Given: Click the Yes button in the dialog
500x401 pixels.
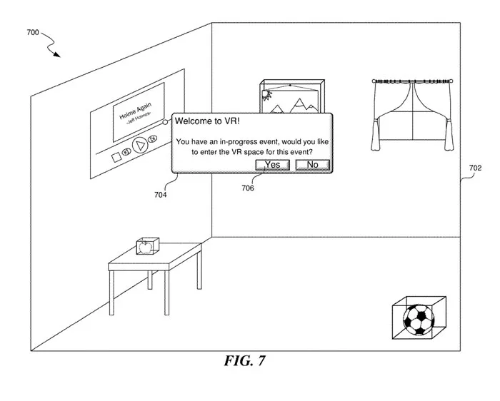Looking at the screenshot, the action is coord(273,165).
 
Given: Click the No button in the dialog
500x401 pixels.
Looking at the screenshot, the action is coord(313,165).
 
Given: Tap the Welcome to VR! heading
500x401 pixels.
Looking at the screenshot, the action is coord(207,121).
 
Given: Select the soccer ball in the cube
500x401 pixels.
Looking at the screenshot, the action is coord(419,320).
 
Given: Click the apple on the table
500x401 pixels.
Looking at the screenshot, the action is coord(146,248).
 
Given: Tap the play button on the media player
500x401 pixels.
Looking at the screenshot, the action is coord(140,145).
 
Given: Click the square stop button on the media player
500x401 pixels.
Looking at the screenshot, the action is coord(116,158).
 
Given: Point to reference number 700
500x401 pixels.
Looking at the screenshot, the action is coord(33,32).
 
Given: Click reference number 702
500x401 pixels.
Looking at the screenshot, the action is coord(475,168).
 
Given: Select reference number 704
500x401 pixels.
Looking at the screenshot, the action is coord(161,195).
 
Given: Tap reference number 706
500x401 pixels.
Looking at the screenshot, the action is coord(248,188).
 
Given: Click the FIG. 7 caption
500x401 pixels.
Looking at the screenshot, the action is coord(244,361).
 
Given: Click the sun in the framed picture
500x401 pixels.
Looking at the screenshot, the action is coord(266,95).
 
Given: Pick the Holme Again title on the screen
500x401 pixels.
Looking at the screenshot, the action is coord(135,111).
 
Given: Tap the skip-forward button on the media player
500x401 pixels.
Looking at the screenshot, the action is coord(153,138).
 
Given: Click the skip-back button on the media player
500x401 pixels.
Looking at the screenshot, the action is coord(126,152).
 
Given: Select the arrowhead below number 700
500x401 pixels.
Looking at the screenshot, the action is coord(56,54).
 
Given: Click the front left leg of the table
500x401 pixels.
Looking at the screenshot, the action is coord(111,293).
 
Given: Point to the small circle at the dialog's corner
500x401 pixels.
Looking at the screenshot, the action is coord(165,122).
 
